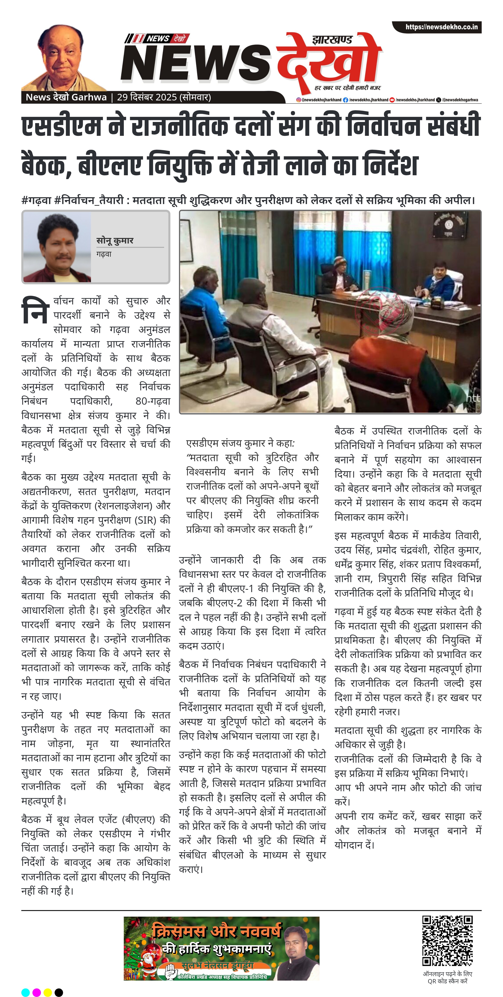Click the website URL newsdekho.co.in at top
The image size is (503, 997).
[x=441, y=27]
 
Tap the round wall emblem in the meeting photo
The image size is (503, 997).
[x=449, y=225]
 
